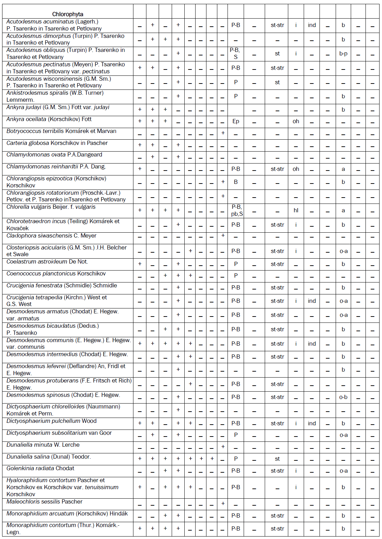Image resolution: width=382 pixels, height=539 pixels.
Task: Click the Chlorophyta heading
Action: (x=68, y=14)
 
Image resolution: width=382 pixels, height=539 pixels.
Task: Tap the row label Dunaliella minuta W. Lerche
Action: (x=43, y=445)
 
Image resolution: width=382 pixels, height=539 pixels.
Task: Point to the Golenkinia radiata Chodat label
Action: (x=40, y=468)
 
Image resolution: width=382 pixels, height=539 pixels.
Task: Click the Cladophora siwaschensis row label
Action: (x=51, y=236)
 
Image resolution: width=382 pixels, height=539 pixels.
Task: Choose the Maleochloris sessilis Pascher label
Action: (x=44, y=502)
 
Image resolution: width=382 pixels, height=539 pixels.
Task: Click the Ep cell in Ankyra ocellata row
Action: (x=236, y=121)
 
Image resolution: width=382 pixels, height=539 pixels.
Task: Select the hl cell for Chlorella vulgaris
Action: (x=296, y=211)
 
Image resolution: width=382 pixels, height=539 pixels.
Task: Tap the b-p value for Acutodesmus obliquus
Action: (x=343, y=54)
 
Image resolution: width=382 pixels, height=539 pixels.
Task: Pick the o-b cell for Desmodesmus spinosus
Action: (x=343, y=397)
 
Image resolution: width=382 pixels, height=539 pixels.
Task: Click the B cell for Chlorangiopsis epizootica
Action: (x=236, y=182)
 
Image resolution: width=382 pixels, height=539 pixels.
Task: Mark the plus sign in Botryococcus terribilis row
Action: (x=223, y=133)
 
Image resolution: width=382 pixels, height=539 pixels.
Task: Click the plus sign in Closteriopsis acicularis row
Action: (x=190, y=251)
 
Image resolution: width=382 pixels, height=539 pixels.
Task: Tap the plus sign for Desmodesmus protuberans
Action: (x=190, y=384)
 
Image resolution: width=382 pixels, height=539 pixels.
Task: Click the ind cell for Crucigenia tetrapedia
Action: (x=312, y=301)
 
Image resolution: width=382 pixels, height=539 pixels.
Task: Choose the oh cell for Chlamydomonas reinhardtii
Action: (x=296, y=169)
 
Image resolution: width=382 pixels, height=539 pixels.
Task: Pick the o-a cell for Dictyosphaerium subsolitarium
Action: (x=343, y=435)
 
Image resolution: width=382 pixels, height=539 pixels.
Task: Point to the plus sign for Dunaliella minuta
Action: (x=223, y=447)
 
